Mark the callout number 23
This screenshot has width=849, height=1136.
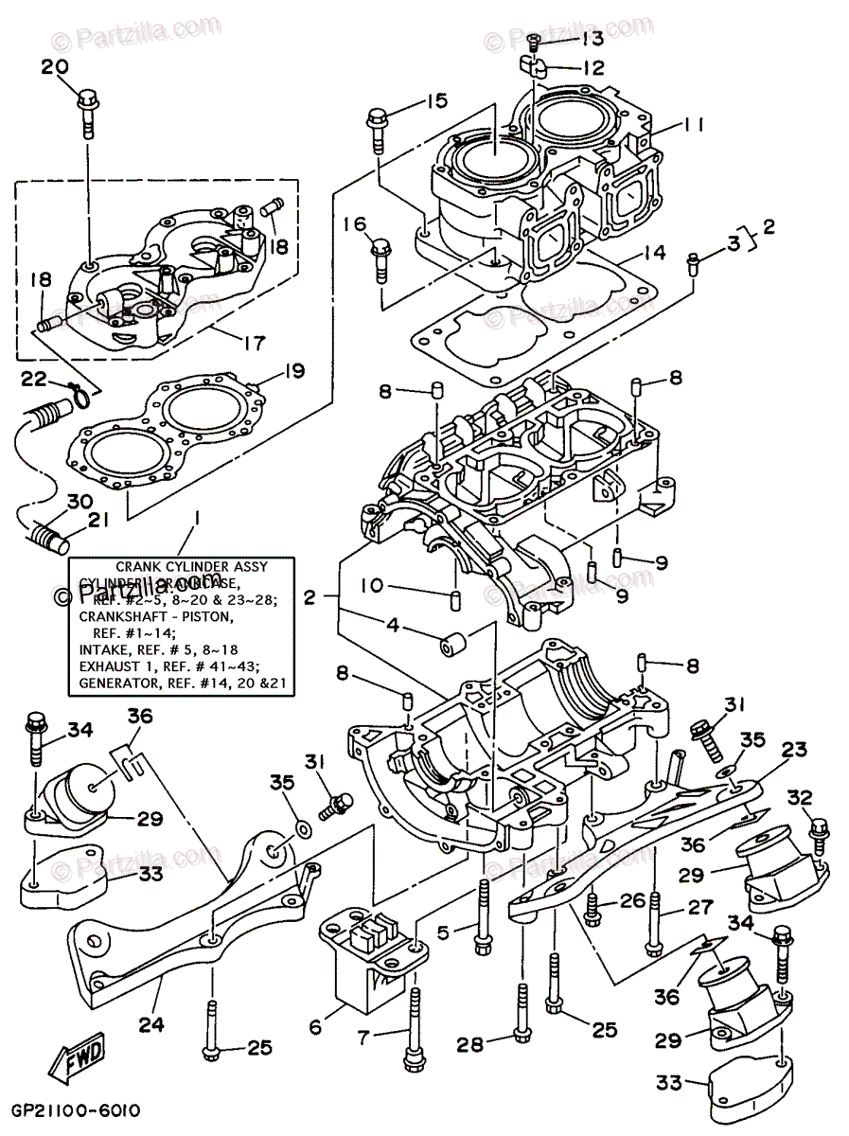click(794, 750)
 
